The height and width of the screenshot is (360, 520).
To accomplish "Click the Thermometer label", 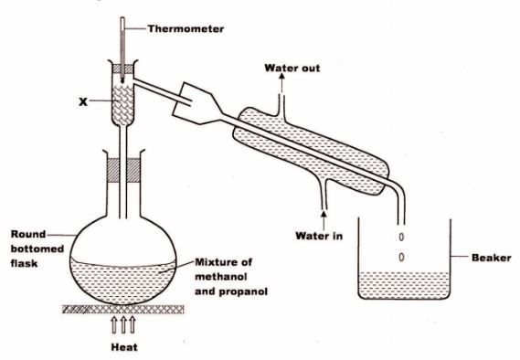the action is pos(186,29).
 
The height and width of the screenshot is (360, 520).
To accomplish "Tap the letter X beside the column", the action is pos(83,101).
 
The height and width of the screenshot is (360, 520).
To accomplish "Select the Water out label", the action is pos(292,69).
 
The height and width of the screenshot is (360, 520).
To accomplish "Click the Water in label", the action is pos(319,236).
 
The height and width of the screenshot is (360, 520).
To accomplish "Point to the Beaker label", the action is pos(491,258).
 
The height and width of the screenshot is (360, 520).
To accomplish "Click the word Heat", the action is pos(124,347).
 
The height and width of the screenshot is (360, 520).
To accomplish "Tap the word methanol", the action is pos(221,277).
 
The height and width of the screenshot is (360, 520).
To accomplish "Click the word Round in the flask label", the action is pos(28,234).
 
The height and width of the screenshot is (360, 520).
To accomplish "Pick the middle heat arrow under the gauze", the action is pos(123,325).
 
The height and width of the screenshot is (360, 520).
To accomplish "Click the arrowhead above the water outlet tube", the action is pos(281,76).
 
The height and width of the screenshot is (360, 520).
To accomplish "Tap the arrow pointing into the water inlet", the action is pos(324,219).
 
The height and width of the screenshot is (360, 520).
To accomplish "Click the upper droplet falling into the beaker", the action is pos(401,237).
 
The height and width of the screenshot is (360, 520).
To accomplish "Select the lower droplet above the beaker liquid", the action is pos(401,257).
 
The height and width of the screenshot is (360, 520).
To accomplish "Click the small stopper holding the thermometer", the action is pos(122,69).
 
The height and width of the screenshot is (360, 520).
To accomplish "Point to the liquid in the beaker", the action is pos(404,285).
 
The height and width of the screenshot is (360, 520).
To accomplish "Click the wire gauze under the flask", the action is pos(123,310).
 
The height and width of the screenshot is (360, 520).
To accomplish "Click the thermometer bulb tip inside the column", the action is pos(122,81).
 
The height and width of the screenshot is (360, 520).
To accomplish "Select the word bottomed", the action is pos(37,249).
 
